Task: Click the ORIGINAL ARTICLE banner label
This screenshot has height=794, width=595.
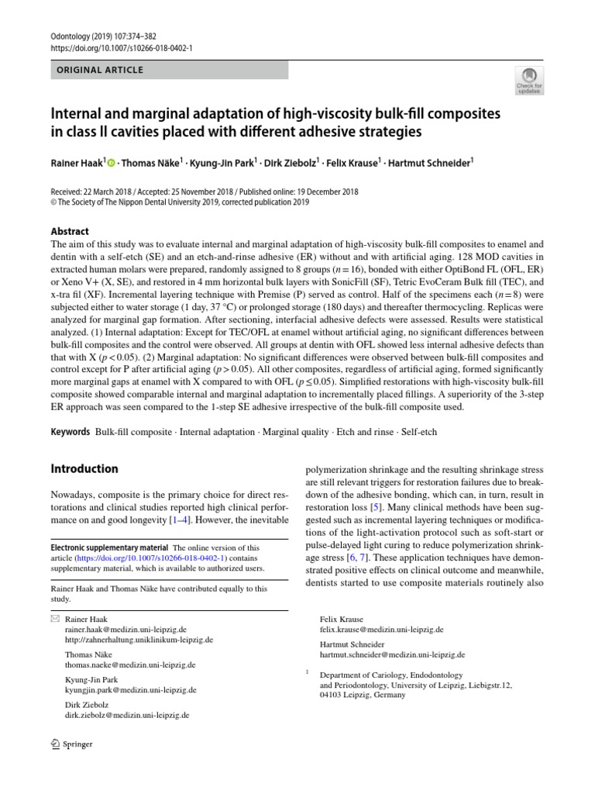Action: pos(100,70)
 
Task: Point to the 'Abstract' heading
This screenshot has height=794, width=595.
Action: pos(70,231)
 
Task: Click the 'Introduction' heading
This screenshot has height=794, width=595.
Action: pos(84,469)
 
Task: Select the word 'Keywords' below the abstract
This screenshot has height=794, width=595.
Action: pos(70,430)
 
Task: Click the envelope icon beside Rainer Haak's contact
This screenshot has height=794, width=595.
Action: pos(54,620)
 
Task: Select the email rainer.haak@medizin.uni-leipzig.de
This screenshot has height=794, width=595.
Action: pos(126,630)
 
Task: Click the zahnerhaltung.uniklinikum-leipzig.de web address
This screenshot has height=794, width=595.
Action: pos(139,640)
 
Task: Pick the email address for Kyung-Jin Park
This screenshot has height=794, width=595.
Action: pos(130,689)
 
